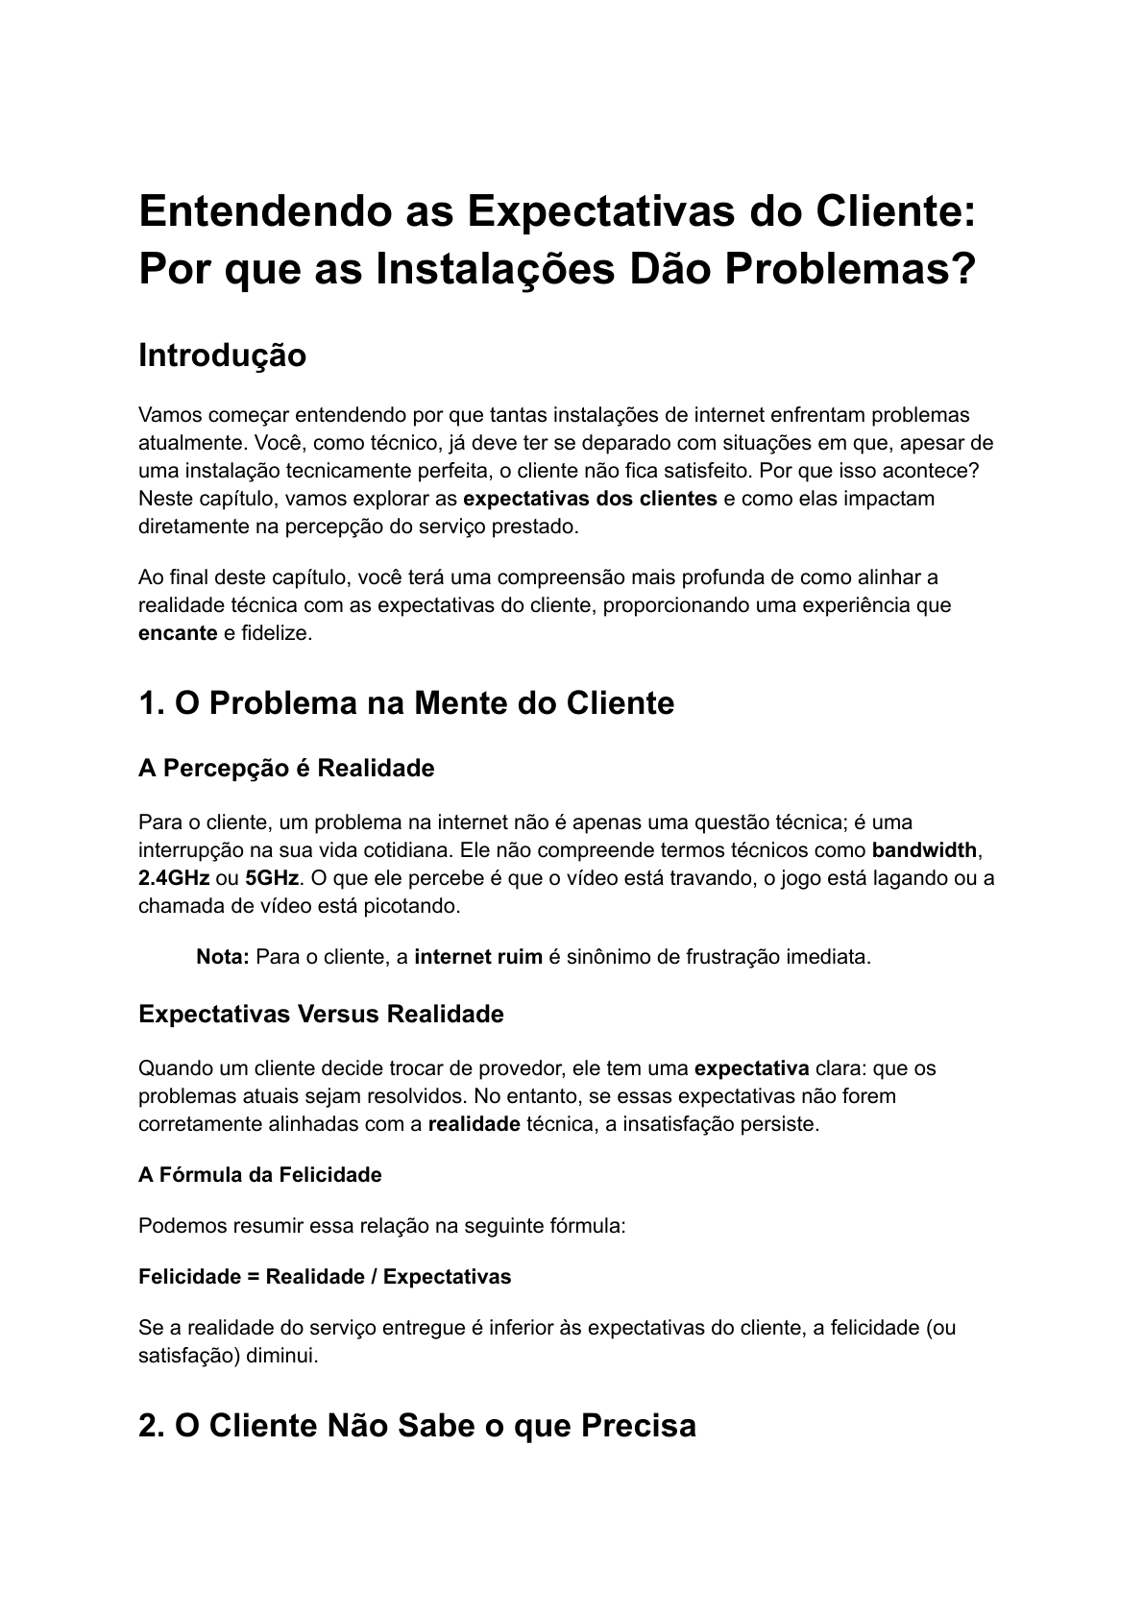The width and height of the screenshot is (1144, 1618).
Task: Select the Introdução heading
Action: click(x=222, y=355)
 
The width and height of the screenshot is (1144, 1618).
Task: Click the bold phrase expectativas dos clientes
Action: click(x=590, y=499)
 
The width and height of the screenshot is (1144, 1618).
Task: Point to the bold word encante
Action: click(x=178, y=634)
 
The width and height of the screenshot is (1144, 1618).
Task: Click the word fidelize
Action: click(x=277, y=634)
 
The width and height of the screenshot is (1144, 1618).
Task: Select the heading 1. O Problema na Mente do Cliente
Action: click(x=406, y=703)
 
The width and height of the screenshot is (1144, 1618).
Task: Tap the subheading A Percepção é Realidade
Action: click(x=286, y=769)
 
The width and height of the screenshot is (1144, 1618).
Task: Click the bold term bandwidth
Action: click(x=924, y=850)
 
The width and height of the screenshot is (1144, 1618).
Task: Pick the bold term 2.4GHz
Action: click(x=174, y=878)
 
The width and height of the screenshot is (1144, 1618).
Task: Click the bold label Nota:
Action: click(x=223, y=957)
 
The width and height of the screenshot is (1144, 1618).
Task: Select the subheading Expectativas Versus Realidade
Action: click(x=321, y=1015)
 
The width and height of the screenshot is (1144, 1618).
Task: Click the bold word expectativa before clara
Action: click(x=751, y=1068)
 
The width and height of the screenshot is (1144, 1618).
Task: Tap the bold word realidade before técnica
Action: click(x=474, y=1124)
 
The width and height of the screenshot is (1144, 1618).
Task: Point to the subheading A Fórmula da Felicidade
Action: click(x=259, y=1175)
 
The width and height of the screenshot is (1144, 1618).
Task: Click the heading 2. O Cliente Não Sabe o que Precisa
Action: click(x=417, y=1426)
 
